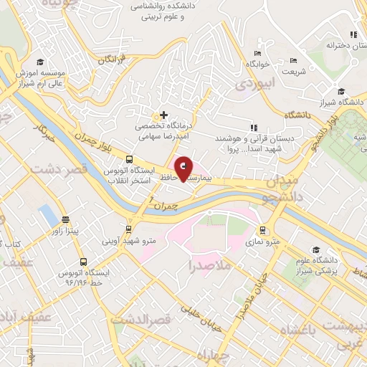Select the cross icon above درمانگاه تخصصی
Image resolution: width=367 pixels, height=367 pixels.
point(164,115)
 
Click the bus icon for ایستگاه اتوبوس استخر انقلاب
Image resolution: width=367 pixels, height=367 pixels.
point(129,159)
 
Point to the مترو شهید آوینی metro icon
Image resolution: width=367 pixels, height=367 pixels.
point(129,230)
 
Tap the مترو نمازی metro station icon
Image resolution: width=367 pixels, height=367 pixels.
point(263,230)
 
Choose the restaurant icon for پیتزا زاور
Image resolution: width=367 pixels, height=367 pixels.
point(66,220)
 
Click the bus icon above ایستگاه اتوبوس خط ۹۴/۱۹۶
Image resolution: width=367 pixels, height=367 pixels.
point(84,262)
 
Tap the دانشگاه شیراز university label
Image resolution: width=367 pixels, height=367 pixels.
point(342,102)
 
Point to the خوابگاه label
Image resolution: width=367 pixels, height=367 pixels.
point(258,64)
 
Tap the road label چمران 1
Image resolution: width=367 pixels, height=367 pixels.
point(161,206)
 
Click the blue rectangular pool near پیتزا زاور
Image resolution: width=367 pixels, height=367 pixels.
point(47,213)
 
